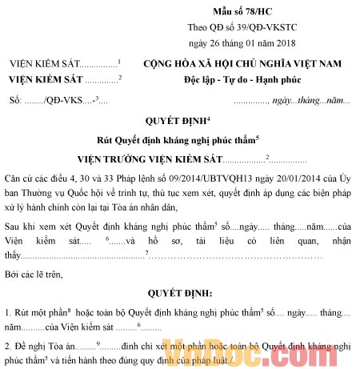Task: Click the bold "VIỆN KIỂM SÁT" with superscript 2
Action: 46,80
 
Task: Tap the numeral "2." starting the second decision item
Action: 8,346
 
